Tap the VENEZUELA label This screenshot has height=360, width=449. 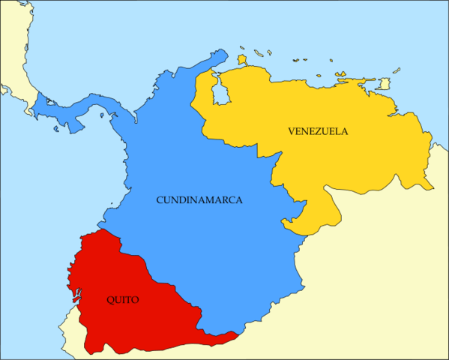[318, 130]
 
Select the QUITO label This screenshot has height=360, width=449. [122, 299]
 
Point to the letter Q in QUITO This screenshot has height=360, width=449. [109, 299]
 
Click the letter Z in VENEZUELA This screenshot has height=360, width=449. [317, 130]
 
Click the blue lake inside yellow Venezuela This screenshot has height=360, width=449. [220, 94]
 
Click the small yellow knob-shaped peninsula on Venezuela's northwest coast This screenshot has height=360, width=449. [242, 59]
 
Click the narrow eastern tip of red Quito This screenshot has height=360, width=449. [229, 336]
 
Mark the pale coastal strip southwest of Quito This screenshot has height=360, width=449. [66, 330]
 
